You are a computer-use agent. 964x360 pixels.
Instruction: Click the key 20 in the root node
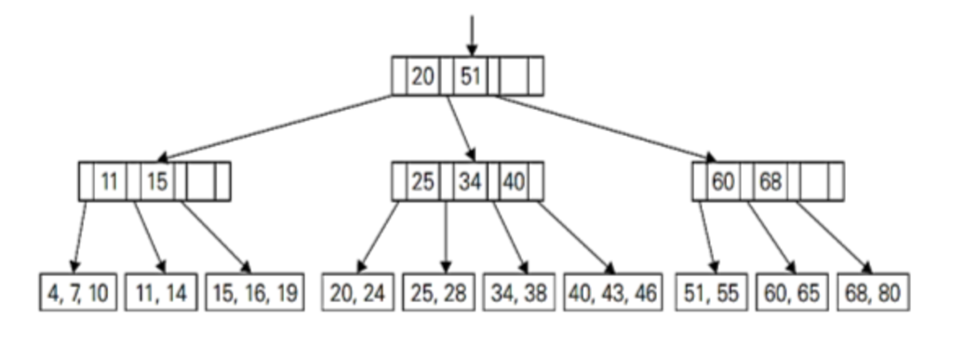tap(422, 76)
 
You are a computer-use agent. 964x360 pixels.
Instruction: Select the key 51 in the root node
tap(470, 76)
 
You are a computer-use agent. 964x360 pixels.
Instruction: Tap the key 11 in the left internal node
tap(110, 181)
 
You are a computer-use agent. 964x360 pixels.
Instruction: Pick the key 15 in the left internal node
tap(157, 181)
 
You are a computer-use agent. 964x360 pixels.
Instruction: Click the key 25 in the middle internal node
tap(422, 181)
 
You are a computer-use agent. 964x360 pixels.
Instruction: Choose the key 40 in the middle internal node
tap(513, 181)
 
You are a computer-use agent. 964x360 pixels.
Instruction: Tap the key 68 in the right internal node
tap(770, 181)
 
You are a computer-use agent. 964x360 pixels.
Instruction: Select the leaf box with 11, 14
tap(162, 294)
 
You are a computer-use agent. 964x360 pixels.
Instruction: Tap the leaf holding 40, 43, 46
tap(613, 294)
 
